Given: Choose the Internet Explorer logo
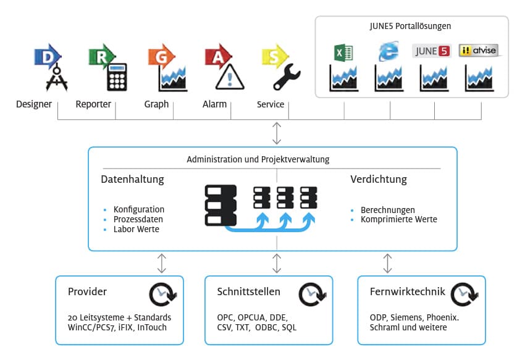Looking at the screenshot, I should (388, 52).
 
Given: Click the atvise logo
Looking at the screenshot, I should (479, 51).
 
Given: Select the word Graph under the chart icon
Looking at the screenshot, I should (156, 104).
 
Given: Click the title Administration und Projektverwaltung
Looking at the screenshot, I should (258, 159).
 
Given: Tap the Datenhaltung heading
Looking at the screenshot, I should (132, 180).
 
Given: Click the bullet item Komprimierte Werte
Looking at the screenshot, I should (398, 219).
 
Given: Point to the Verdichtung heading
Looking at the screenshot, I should (379, 180).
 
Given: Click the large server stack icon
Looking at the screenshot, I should (222, 204).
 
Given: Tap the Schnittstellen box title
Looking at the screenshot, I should (248, 291).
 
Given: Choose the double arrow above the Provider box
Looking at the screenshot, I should (162, 263).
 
